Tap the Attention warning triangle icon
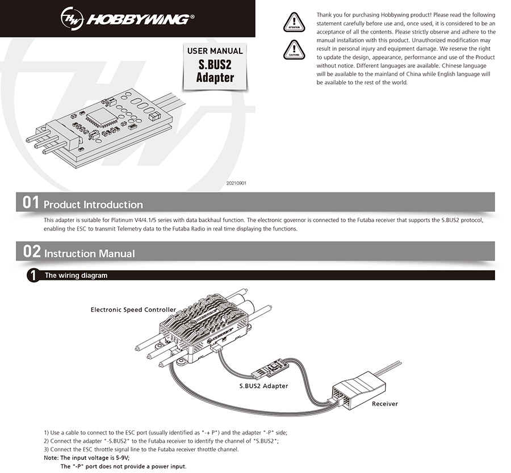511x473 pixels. [x=294, y=21]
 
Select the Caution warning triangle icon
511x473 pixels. [x=294, y=51]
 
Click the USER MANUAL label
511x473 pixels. [x=215, y=51]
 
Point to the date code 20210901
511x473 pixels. [x=236, y=183]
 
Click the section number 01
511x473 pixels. [x=31, y=203]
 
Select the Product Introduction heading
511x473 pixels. [x=93, y=204]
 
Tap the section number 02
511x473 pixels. [x=31, y=252]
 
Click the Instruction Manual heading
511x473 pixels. [x=90, y=253]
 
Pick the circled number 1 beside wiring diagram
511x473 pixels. [x=33, y=275]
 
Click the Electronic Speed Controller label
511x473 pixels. [x=133, y=309]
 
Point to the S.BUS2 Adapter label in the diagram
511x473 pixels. [x=263, y=386]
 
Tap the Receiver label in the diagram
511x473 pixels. [x=384, y=404]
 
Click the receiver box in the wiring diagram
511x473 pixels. [x=358, y=387]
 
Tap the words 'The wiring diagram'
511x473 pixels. [x=76, y=275]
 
